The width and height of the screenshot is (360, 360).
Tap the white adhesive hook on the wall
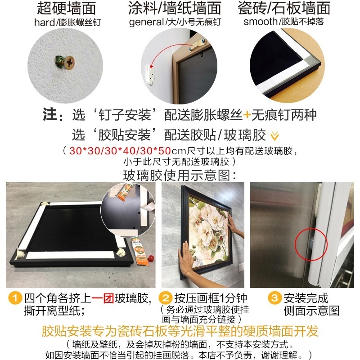150,75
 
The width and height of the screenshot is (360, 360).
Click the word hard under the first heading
45,22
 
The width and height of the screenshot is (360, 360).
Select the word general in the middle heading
147,22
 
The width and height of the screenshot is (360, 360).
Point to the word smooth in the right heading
261,22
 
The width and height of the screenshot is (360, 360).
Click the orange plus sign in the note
247,115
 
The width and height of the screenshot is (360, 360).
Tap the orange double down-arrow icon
274,136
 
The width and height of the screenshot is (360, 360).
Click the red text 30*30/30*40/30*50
120,151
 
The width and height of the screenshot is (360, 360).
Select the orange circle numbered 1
15,298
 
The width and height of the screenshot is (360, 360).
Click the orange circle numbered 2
165,298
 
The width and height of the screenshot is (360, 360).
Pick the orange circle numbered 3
274,298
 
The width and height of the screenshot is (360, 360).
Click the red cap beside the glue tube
151,258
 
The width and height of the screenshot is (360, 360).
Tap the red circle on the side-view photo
311,244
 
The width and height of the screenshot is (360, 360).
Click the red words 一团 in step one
103,298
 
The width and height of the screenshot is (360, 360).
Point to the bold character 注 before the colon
49,114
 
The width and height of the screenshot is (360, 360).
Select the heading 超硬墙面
67,8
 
